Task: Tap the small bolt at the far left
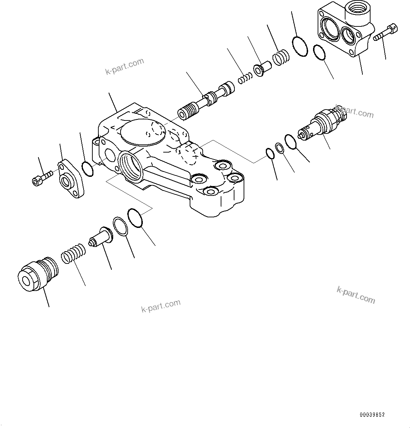click(x=42, y=177)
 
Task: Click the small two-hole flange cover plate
click(x=71, y=179)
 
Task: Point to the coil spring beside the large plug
click(x=73, y=254)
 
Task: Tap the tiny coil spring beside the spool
click(x=245, y=78)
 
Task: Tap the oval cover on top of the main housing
click(x=142, y=131)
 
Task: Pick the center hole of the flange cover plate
click(x=66, y=182)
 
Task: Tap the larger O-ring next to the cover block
click(x=300, y=46)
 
